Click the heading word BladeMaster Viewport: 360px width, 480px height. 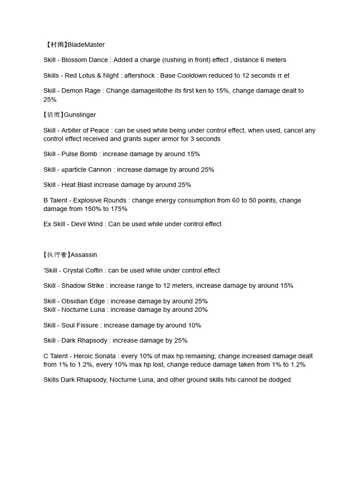click(86, 45)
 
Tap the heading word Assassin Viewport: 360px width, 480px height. click(84, 255)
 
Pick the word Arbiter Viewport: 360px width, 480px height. click(73, 130)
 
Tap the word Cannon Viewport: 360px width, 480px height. click(100, 170)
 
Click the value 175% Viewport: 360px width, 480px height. click(119, 209)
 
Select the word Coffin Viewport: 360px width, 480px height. click(94, 270)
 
